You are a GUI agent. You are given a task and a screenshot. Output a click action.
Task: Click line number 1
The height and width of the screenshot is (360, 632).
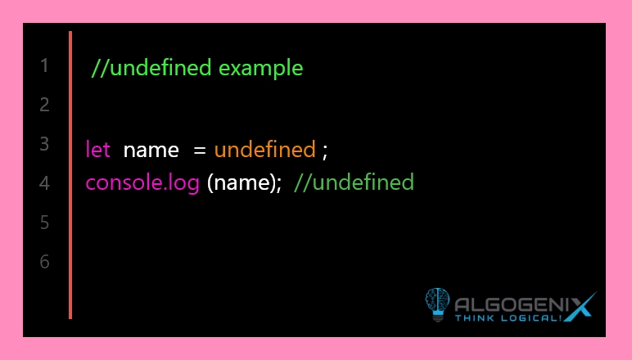(x=44, y=65)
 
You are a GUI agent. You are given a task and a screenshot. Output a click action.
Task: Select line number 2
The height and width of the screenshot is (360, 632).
(x=44, y=105)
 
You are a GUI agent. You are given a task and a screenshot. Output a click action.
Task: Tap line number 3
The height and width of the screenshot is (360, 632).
(x=44, y=144)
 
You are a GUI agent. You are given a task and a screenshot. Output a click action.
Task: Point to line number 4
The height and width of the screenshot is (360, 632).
(x=44, y=183)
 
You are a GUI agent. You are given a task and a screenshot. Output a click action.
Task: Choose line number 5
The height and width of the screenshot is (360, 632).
(x=44, y=223)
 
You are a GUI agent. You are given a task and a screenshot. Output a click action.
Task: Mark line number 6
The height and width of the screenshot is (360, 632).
(x=44, y=262)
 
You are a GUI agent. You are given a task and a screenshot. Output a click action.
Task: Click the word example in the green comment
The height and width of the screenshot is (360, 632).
(x=261, y=69)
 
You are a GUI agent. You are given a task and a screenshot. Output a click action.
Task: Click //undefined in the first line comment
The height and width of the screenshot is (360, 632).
(x=151, y=67)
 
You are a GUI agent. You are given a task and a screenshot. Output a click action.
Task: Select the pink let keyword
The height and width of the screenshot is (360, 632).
(x=98, y=150)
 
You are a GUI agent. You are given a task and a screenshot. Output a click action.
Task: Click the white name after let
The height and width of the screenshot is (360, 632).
(x=151, y=151)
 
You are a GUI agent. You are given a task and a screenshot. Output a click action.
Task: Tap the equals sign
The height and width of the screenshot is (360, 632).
(x=200, y=151)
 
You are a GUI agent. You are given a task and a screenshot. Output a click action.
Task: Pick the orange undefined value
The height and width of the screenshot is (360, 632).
(x=264, y=150)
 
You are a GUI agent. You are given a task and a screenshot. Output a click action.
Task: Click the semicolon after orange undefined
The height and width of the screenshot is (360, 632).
(x=325, y=152)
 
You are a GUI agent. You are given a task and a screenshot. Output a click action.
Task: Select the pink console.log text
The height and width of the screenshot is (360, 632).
(x=142, y=183)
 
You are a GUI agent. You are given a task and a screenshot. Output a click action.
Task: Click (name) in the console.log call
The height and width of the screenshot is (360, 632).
(x=241, y=183)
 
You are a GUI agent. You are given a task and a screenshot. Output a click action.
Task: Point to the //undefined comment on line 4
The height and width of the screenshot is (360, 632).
(x=354, y=182)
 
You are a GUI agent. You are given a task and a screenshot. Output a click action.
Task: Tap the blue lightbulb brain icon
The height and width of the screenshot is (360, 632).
(x=437, y=304)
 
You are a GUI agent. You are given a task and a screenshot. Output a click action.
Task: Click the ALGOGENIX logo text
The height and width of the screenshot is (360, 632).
(x=525, y=305)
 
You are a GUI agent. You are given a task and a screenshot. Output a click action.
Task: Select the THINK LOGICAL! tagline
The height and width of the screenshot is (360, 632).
(x=508, y=318)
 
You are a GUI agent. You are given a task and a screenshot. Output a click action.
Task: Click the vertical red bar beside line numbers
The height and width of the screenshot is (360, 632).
(x=70, y=175)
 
